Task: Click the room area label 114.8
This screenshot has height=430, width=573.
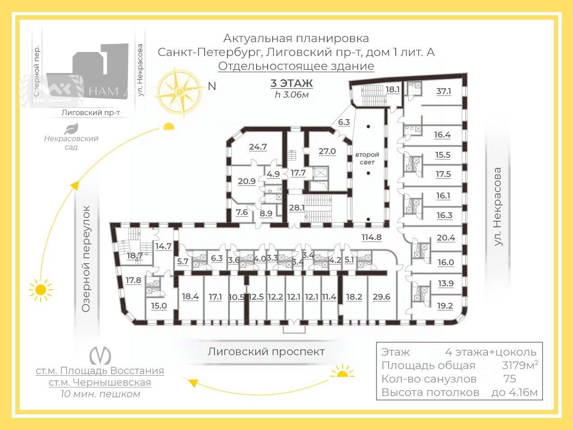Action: [372, 237]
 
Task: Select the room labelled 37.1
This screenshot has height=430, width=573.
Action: [444, 91]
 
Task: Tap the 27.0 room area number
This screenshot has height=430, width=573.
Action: [327, 151]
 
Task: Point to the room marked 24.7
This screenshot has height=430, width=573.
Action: [258, 146]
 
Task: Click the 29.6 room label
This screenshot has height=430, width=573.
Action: [381, 297]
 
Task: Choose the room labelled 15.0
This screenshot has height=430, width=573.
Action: [158, 306]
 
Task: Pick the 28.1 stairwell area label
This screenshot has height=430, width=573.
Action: [297, 207]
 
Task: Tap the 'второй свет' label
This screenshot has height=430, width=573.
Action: [367, 158]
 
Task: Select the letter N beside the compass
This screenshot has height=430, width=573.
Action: [212, 86]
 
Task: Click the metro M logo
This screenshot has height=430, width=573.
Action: [100, 356]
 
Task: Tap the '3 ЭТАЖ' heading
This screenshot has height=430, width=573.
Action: [291, 83]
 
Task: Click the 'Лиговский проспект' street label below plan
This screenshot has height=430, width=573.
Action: [266, 352]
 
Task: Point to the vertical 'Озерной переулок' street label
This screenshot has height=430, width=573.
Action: [86, 259]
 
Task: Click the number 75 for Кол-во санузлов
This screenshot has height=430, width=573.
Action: [509, 379]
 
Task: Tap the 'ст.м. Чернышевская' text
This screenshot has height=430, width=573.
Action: [100, 383]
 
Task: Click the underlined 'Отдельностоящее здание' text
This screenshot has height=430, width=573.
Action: [296, 66]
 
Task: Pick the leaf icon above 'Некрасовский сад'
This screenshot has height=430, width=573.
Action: [71, 129]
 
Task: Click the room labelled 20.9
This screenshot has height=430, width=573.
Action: [247, 181]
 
